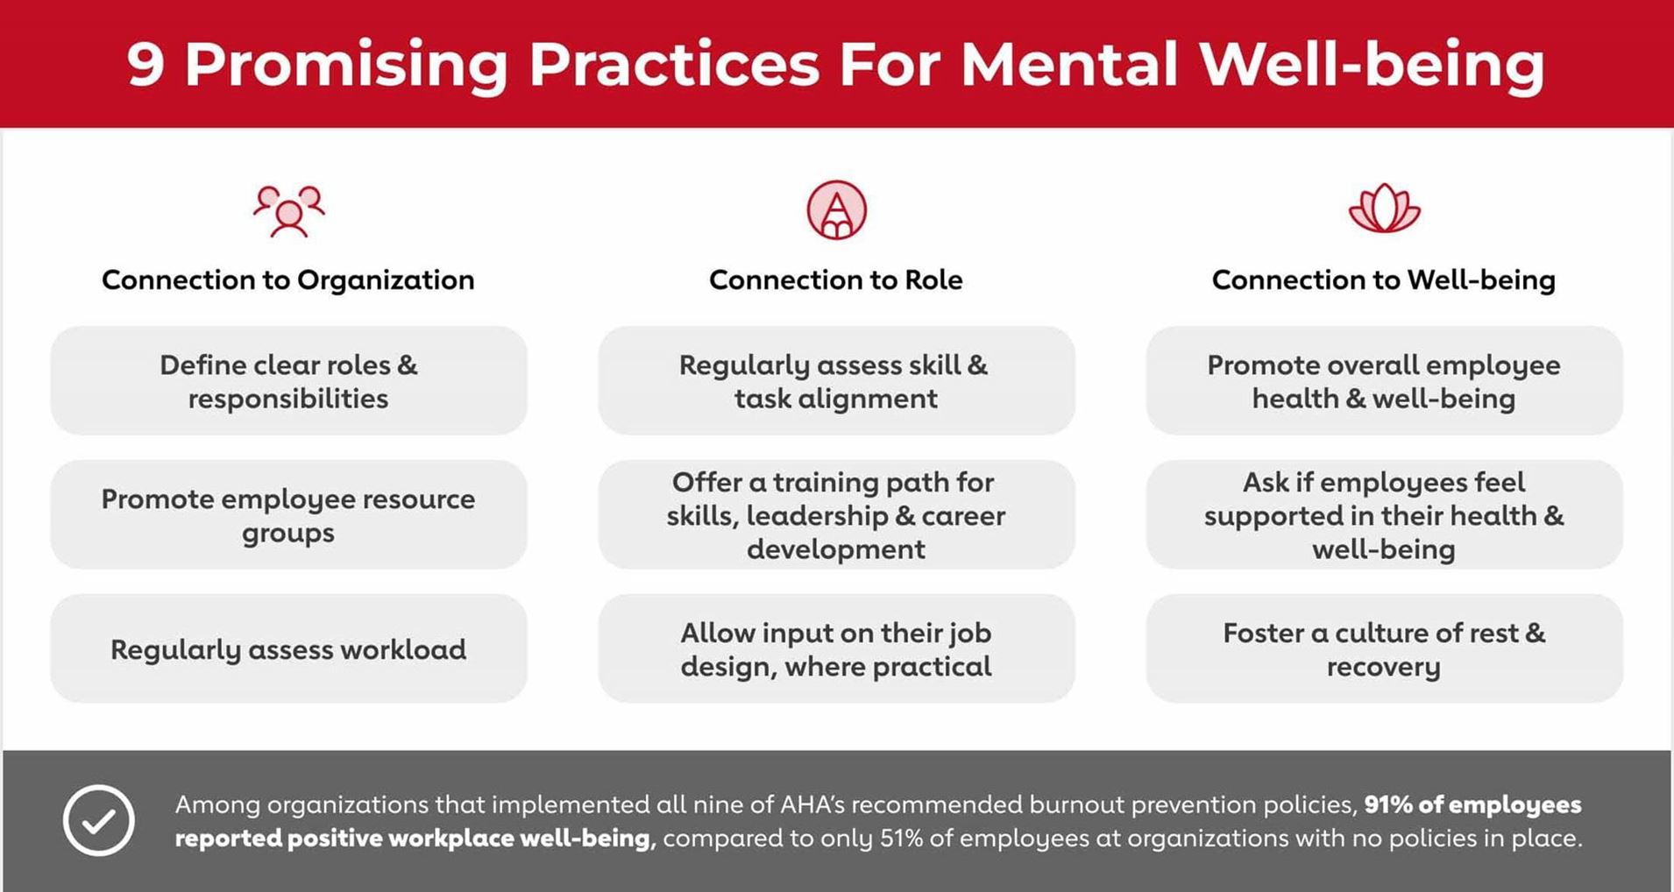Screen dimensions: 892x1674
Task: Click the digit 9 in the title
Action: pyautogui.click(x=145, y=63)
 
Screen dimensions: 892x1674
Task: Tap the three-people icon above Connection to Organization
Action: pyautogui.click(x=289, y=211)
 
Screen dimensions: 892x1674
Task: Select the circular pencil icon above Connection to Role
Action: pyautogui.click(x=836, y=210)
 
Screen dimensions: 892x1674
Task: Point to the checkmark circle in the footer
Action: pyautogui.click(x=99, y=820)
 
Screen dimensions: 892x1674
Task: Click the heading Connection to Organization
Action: pyautogui.click(x=287, y=280)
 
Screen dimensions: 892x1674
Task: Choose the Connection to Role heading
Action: pyautogui.click(x=835, y=280)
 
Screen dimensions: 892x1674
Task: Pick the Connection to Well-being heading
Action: pyautogui.click(x=1383, y=280)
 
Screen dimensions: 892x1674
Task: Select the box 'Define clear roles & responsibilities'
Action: pyautogui.click(x=288, y=381)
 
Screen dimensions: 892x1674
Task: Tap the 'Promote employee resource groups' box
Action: pyautogui.click(x=288, y=515)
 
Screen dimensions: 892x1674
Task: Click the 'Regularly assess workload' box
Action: pyautogui.click(x=288, y=648)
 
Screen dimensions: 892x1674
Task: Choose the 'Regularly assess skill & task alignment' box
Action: pyautogui.click(x=836, y=381)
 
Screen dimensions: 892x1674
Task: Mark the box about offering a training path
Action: pyautogui.click(x=836, y=515)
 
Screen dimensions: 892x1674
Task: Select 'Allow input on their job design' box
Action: pyautogui.click(x=836, y=648)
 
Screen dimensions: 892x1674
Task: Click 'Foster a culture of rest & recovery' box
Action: pyautogui.click(x=1384, y=648)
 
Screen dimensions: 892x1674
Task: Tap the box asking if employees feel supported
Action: pyautogui.click(x=1384, y=515)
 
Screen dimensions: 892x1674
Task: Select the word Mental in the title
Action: pyautogui.click(x=1069, y=63)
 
